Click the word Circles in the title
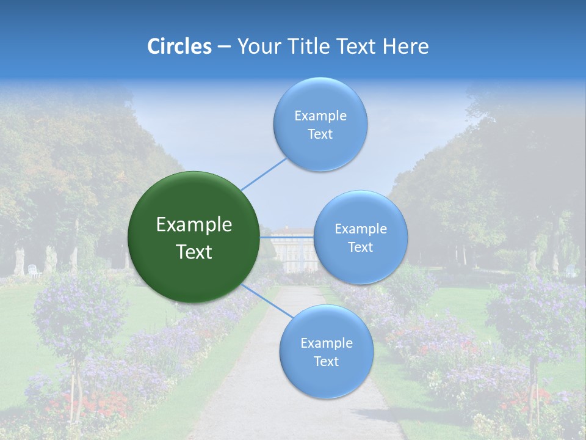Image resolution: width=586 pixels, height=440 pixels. tap(179, 46)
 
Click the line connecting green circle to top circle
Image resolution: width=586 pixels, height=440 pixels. tap(264, 174)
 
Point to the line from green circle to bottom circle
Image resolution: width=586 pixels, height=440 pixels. tap(266, 301)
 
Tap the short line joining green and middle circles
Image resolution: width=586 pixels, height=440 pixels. tap(287, 237)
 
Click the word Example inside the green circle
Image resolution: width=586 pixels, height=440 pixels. tap(194, 225)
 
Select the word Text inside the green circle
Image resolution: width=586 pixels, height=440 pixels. tap(194, 252)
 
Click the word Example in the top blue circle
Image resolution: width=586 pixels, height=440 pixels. tap(320, 116)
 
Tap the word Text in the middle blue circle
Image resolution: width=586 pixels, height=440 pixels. tap(360, 248)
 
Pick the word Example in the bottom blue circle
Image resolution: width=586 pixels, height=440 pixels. tap(326, 343)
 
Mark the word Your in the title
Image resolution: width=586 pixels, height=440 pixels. tap(256, 46)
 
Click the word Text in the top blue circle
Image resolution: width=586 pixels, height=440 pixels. tap(320, 134)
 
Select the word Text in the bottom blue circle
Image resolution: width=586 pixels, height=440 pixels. tap(326, 362)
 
